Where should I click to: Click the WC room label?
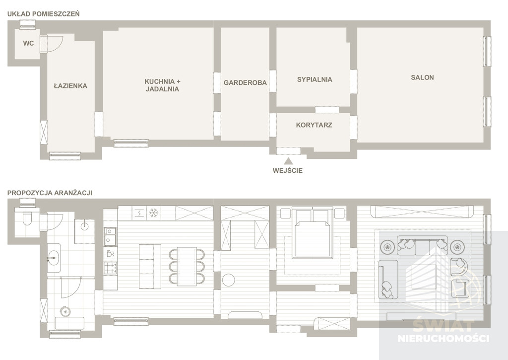tap(28, 43)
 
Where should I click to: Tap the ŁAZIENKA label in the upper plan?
tap(70, 86)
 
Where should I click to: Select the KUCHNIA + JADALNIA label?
tap(162, 85)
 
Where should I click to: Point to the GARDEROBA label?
tap(245, 83)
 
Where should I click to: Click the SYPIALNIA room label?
tap(315, 79)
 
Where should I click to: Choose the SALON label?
tap(422, 77)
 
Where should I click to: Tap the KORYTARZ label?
tap(314, 125)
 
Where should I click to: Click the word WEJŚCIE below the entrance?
tap(287, 171)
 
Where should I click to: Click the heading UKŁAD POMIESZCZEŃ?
tap(44, 14)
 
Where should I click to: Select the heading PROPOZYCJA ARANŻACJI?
tap(50, 193)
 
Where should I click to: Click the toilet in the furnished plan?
tap(27, 218)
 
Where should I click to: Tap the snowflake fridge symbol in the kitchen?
tap(154, 213)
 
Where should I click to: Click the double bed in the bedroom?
tap(313, 233)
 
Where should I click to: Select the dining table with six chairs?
tap(187, 267)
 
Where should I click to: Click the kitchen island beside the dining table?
tap(150, 266)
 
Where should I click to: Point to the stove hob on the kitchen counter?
tap(110, 268)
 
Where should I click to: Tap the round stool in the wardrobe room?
tap(229, 280)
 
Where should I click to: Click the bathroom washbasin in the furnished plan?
tap(54, 258)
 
